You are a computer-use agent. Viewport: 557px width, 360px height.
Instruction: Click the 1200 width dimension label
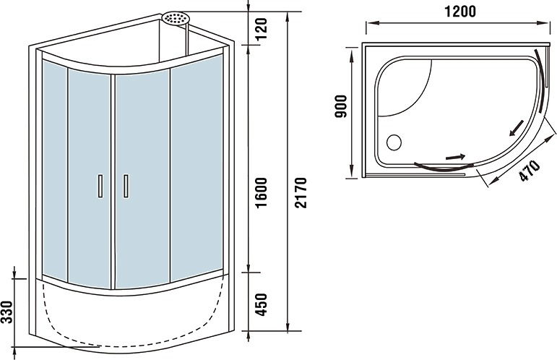point(460,12)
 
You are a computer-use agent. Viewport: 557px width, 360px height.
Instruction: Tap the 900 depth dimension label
point(341,106)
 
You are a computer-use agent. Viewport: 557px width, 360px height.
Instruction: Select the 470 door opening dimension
point(530,171)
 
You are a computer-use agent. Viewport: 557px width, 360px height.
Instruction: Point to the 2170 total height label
point(300,192)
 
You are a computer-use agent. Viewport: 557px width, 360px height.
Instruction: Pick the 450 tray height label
point(262,304)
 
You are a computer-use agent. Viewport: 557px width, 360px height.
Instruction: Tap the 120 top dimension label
point(262,29)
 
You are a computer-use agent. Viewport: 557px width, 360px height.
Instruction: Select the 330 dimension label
point(7,312)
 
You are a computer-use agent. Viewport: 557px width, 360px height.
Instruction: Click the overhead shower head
point(176,18)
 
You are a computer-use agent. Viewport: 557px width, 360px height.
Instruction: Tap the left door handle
point(100,186)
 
